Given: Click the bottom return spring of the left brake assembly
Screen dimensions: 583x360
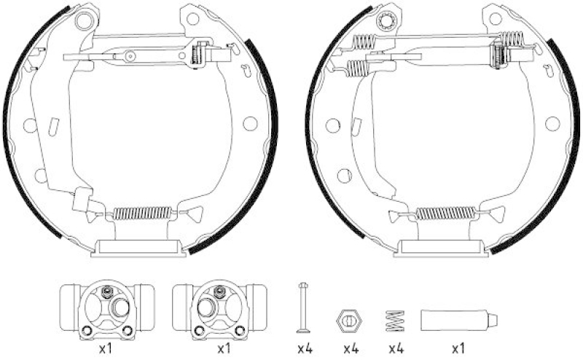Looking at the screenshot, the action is pos(142,213).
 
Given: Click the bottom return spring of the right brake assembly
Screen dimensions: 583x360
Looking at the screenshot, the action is pos(445,213).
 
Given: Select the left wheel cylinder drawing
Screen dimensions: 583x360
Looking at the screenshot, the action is pos(106,312).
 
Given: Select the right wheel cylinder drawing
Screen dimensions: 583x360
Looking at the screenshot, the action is pos(219,312).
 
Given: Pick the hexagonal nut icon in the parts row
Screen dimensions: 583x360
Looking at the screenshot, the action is pos(350,320).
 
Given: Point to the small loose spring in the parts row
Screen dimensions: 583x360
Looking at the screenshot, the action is pos(395,321).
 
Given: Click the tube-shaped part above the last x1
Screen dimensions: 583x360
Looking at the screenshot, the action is pos(459,320).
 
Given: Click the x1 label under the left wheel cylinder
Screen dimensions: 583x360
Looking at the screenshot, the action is pos(106,349).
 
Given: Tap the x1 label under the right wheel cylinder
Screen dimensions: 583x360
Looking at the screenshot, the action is pos(223,349).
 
